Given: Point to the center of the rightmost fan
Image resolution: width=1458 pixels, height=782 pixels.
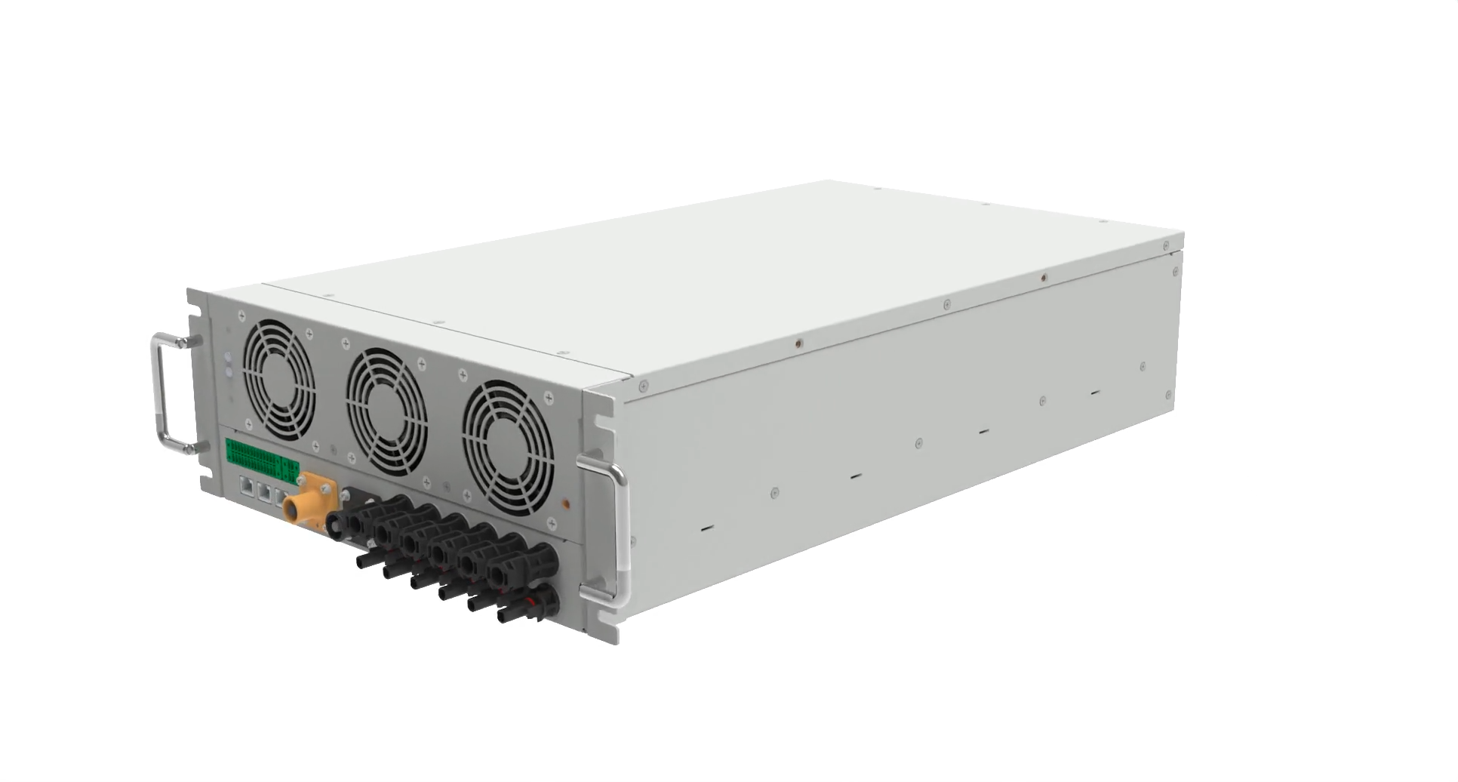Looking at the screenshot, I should (507, 448).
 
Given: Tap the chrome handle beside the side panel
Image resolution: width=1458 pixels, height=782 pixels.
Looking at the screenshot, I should (620, 533).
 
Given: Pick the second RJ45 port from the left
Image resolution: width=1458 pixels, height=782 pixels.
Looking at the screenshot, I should (263, 491).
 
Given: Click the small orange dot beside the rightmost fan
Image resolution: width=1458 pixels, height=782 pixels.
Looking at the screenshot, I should (566, 500).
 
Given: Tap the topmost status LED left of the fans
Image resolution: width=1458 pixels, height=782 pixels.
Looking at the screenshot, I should (229, 356).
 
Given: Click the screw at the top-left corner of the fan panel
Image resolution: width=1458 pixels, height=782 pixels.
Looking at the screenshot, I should (241, 316).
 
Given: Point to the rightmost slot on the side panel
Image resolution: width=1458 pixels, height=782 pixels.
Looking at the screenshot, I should (1094, 393).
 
